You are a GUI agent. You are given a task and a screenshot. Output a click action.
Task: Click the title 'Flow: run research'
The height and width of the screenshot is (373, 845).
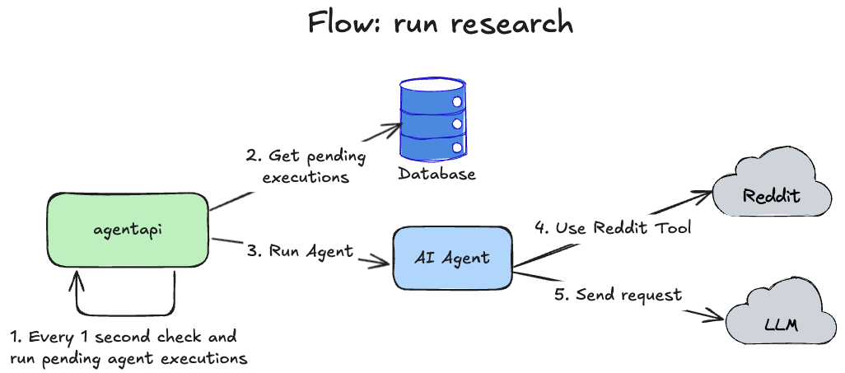(x=440, y=23)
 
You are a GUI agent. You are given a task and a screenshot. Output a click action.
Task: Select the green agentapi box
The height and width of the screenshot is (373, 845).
(x=128, y=230)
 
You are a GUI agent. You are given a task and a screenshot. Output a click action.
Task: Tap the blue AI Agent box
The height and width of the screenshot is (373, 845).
(x=451, y=258)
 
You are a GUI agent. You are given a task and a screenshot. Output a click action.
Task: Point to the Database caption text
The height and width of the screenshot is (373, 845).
(x=437, y=175)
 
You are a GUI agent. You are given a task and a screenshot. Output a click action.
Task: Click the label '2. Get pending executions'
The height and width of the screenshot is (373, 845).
(x=305, y=166)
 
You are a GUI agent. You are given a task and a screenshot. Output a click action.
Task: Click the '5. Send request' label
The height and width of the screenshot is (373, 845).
(x=618, y=294)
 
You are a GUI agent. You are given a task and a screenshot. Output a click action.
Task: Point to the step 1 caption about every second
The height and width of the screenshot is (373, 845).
(x=128, y=347)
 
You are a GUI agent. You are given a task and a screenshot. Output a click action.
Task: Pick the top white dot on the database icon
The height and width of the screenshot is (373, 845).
(x=455, y=103)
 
